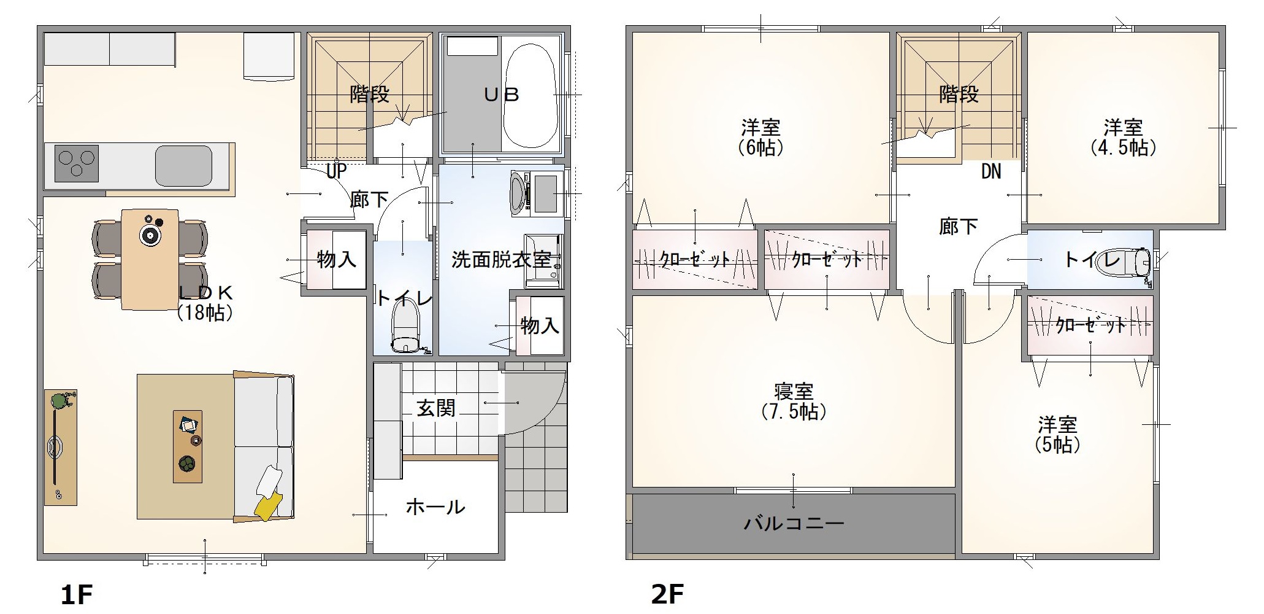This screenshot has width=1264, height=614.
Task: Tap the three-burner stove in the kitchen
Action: pyautogui.click(x=77, y=163)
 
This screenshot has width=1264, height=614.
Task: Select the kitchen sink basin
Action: pyautogui.click(x=183, y=165)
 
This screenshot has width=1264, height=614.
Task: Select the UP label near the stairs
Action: pyautogui.click(x=337, y=171)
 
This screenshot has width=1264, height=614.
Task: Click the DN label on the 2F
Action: pyautogui.click(x=991, y=171)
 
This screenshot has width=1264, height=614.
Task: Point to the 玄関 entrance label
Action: pyautogui.click(x=436, y=408)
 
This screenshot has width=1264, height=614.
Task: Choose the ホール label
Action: pyautogui.click(x=435, y=507)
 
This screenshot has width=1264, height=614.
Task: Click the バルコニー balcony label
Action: pyautogui.click(x=794, y=523)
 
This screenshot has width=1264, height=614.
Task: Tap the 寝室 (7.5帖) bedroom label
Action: pyautogui.click(x=794, y=402)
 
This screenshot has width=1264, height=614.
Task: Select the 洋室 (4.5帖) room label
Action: pyautogui.click(x=1123, y=138)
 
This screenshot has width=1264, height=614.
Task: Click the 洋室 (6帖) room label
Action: pyautogui.click(x=760, y=138)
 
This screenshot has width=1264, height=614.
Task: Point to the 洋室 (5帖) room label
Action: pyautogui.click(x=1057, y=435)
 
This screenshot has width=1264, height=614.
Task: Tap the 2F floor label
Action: pyautogui.click(x=667, y=594)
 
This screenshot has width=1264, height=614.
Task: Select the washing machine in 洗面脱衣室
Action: pyautogui.click(x=537, y=193)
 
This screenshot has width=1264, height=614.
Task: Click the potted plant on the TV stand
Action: pyautogui.click(x=59, y=402)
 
